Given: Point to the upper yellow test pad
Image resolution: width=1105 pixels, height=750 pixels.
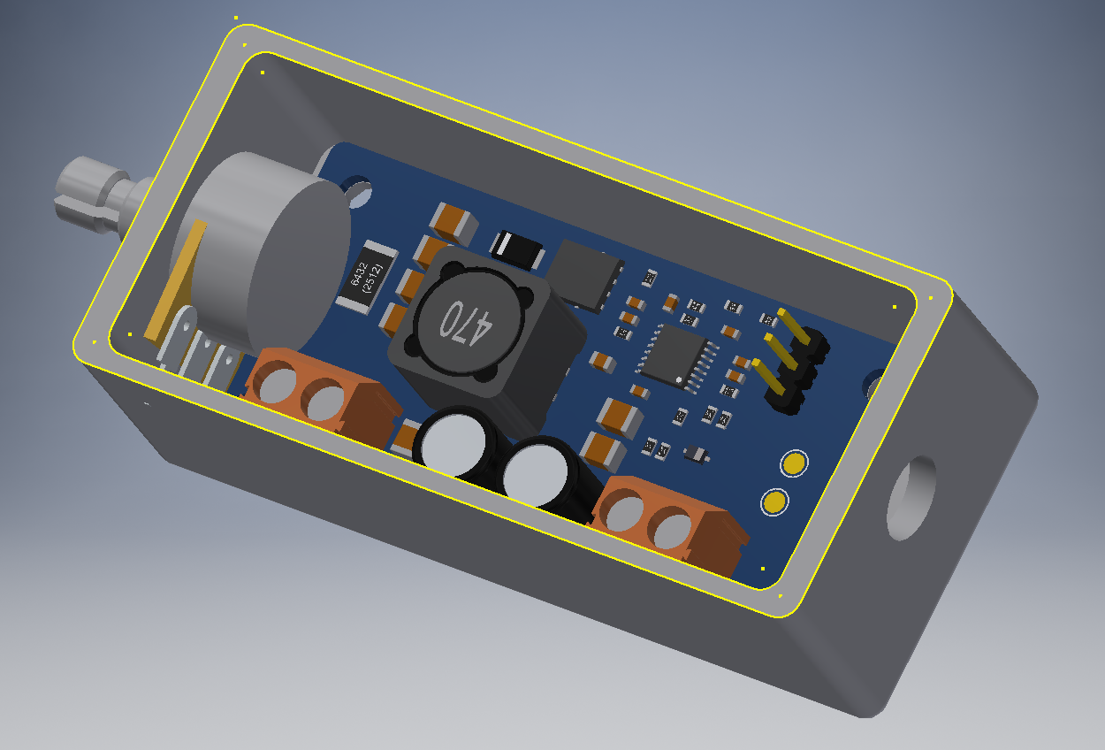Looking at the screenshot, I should (794, 463).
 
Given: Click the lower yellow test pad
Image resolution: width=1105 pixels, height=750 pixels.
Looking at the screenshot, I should (774, 502).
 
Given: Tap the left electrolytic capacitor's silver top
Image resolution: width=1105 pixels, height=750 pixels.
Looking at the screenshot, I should (451, 443).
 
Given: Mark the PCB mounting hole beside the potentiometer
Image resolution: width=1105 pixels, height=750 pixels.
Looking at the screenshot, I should (358, 188).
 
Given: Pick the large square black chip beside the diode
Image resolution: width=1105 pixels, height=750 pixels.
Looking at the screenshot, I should (587, 274).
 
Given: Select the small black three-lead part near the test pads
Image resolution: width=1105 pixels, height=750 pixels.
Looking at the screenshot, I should (696, 454).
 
